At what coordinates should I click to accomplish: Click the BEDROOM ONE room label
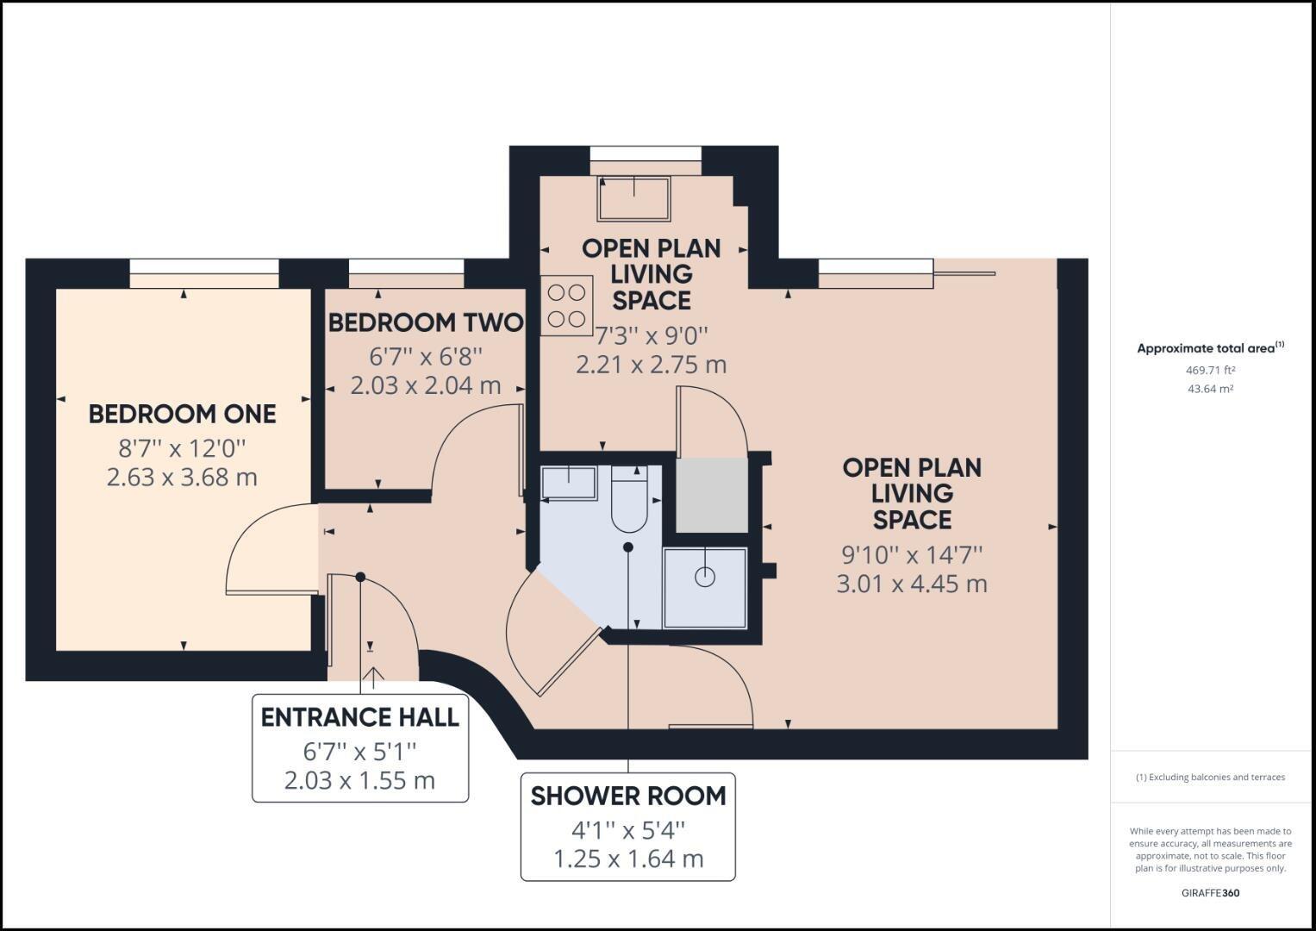tap(182, 414)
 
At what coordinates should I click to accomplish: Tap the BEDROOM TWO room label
tap(426, 322)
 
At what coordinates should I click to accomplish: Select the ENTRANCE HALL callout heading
tap(359, 717)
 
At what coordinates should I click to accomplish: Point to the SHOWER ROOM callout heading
tap(627, 796)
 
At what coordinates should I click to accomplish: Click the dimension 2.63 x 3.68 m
tap(182, 477)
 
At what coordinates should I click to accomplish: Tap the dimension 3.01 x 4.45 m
tap(912, 584)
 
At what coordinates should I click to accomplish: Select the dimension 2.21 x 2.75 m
tap(651, 364)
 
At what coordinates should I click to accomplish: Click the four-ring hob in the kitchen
tap(566, 305)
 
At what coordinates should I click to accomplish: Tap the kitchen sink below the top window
tap(634, 198)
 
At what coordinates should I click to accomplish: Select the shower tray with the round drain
tap(705, 588)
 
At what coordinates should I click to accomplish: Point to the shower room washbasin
tap(569, 483)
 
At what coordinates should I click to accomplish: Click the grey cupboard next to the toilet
tap(711, 495)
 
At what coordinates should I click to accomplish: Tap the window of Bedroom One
tap(204, 273)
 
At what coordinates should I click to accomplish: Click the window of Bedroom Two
tap(406, 273)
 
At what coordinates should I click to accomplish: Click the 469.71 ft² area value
tap(1210, 370)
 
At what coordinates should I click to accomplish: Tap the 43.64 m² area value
tap(1210, 389)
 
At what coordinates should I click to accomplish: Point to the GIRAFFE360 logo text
tap(1210, 893)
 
